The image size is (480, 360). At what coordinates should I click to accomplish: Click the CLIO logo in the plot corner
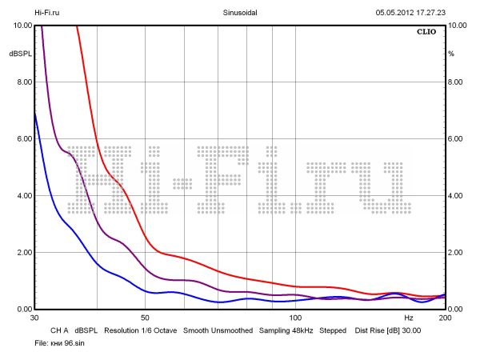coord(428,34)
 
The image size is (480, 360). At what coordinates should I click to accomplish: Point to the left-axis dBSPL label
coord(19,54)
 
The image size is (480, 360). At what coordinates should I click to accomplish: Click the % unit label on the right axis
coord(452,54)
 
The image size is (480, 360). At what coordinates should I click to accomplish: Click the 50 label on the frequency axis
coord(145,318)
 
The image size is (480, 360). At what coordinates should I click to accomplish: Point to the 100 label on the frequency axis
coord(294,318)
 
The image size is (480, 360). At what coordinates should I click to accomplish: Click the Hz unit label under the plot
coord(409,318)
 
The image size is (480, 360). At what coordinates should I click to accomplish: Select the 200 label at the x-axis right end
coord(445,318)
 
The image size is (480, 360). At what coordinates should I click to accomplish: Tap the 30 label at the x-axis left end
coord(34,318)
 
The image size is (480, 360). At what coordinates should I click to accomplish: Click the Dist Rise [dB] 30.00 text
coord(388,330)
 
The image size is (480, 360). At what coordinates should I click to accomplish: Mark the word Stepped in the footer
coord(333,330)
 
